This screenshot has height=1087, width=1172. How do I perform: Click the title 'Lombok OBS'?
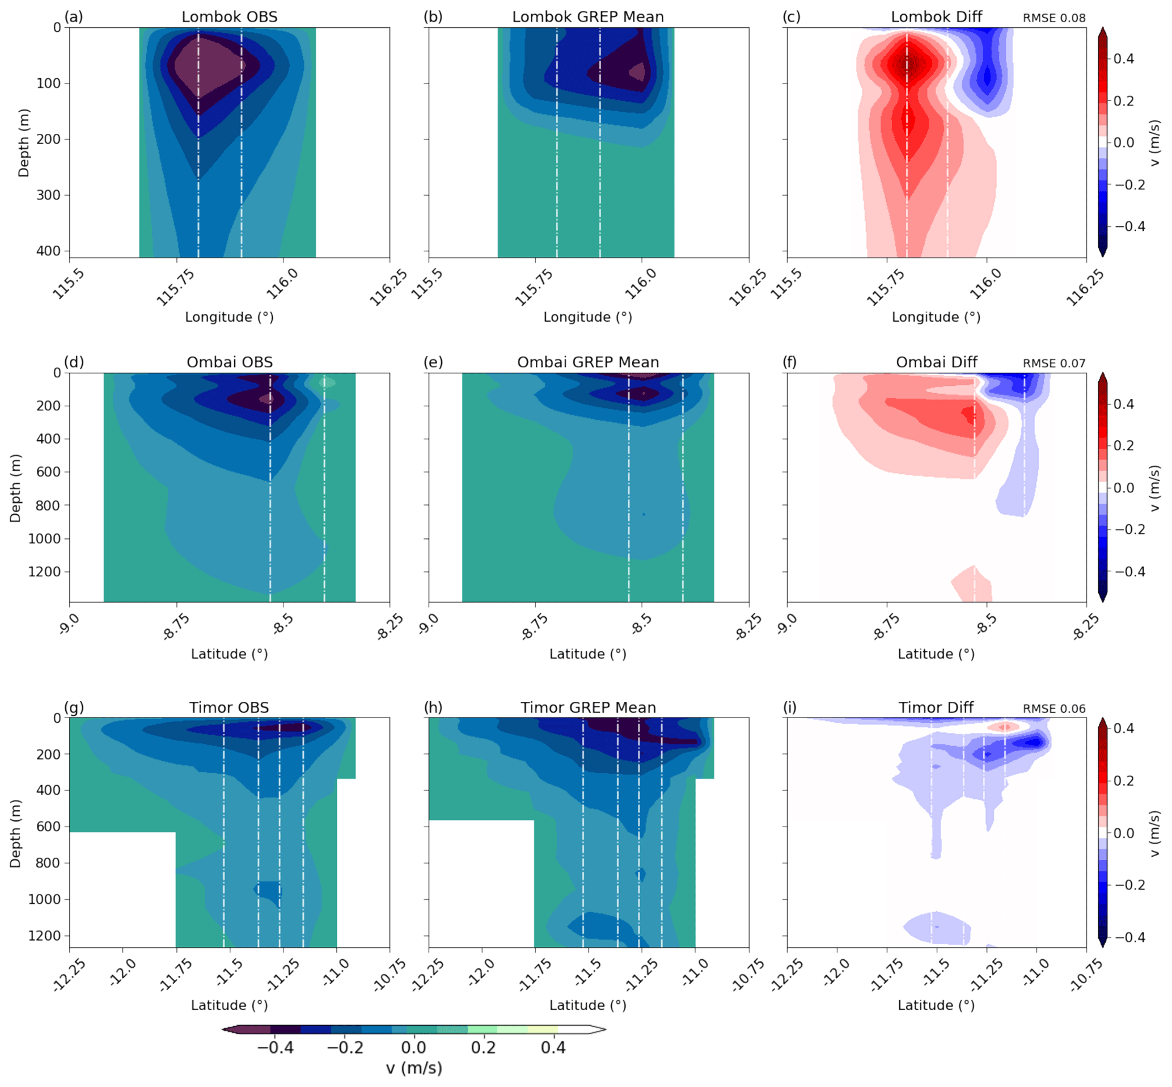229,16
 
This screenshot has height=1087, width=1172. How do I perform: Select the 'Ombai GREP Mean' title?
588,362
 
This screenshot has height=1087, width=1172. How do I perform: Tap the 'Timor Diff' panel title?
936,707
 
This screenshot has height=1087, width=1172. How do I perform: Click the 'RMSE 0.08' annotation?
1054,18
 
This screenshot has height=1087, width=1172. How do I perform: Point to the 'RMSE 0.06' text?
1054,709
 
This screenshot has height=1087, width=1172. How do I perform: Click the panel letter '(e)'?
433,362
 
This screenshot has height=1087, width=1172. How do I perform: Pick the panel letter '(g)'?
74,707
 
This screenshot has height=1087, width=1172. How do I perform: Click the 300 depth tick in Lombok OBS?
48,195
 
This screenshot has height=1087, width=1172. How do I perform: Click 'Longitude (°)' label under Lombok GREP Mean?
588,317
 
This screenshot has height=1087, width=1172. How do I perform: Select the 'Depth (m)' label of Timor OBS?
15,833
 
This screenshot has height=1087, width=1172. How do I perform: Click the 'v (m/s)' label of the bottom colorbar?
414,1068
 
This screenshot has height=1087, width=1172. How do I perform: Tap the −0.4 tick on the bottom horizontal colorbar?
275,1048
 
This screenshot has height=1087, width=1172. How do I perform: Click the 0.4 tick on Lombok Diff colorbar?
1123,59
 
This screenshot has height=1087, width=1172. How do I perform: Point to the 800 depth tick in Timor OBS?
48,863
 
